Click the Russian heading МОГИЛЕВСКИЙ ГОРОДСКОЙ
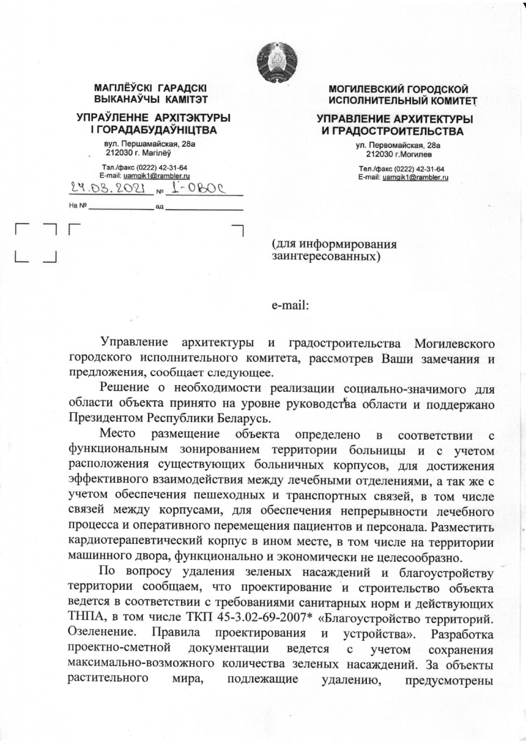tap(398, 89)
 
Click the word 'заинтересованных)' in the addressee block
tap(327, 255)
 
